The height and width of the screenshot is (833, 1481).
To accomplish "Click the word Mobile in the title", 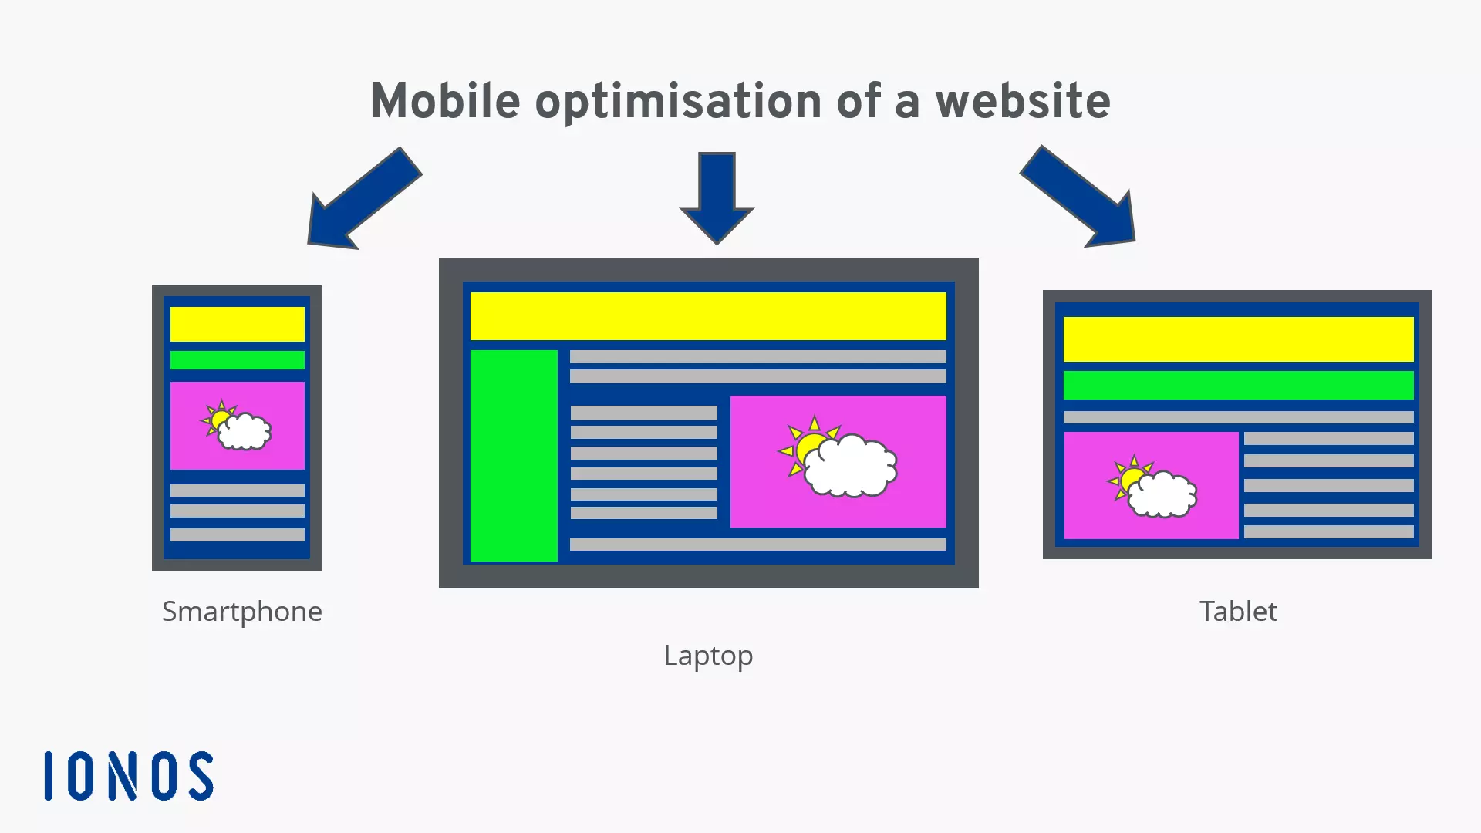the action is [x=446, y=101].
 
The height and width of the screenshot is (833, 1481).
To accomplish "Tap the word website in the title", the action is [x=1023, y=101].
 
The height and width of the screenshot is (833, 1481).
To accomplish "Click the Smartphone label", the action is [x=242, y=612].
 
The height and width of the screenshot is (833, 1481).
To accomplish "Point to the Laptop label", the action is [x=708, y=656].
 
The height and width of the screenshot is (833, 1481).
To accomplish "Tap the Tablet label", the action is [x=1238, y=611].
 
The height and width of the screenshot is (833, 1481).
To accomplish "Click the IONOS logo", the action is [x=129, y=776].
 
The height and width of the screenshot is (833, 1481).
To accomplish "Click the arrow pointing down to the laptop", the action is [x=717, y=198].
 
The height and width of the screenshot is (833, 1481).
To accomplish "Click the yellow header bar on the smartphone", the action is [x=238, y=324].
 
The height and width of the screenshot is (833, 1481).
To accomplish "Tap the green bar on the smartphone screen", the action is [x=238, y=360].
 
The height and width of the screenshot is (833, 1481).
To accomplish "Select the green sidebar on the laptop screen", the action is [x=514, y=456].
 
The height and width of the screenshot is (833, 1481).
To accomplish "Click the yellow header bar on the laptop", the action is [x=708, y=316].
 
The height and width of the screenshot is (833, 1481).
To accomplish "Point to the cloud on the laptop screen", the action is [x=851, y=466].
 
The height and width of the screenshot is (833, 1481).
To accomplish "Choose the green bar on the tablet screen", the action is [x=1239, y=385].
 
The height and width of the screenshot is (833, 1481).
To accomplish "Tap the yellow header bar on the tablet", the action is [x=1239, y=339].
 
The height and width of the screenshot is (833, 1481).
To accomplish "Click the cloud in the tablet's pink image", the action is [x=1162, y=494].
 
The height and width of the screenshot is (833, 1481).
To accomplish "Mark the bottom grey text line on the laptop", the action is [x=758, y=545].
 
